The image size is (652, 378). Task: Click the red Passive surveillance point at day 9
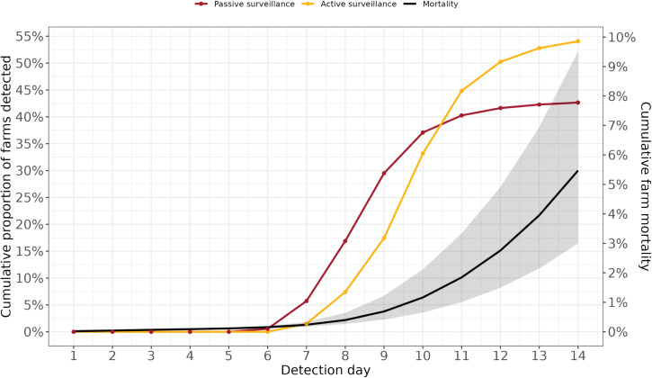[x=384, y=173]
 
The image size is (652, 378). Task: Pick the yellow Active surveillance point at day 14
[x=577, y=40]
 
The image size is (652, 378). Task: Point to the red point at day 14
[x=577, y=103]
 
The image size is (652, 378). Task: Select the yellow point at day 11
[x=461, y=91]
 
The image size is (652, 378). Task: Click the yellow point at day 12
[x=500, y=61]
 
